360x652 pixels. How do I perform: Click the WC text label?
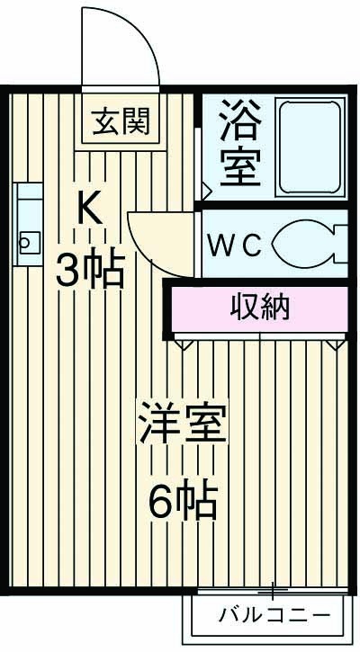235,244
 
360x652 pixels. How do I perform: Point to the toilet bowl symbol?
306,245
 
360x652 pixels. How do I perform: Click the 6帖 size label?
183,501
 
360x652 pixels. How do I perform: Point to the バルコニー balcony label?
274,617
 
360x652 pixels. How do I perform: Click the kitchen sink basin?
27,240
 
